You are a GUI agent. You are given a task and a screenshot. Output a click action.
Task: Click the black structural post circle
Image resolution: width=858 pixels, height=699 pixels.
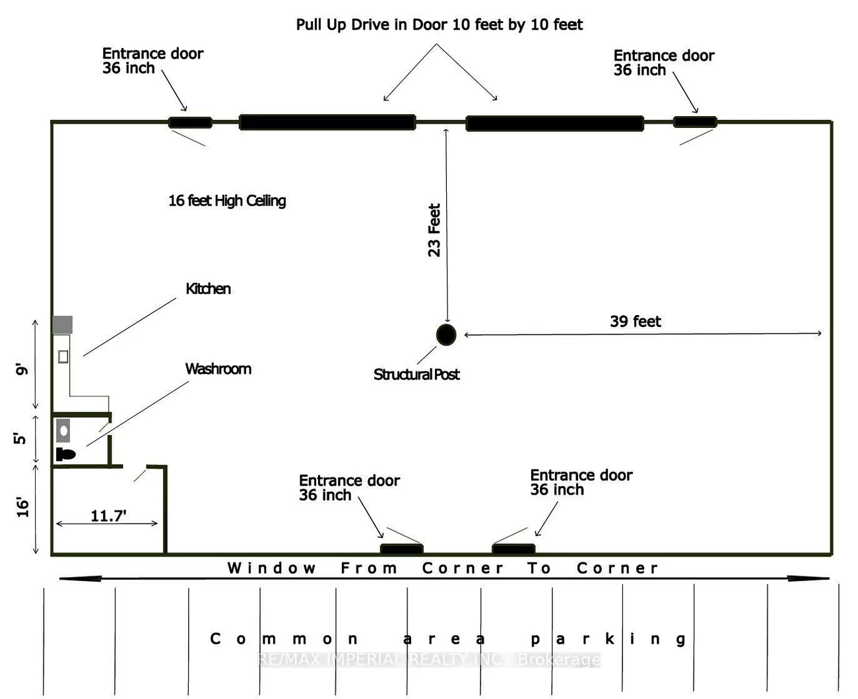click(446, 334)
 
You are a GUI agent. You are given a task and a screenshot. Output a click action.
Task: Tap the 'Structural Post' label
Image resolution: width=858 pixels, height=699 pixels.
click(416, 375)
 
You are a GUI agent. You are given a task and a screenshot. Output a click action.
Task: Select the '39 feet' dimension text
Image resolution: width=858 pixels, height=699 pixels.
click(635, 321)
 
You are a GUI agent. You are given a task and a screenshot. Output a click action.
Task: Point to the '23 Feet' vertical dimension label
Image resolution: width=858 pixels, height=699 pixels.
click(434, 230)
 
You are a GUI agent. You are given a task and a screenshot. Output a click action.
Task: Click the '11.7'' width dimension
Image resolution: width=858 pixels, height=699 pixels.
click(108, 516)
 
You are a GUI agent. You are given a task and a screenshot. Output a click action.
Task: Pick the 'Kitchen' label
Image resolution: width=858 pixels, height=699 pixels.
click(208, 289)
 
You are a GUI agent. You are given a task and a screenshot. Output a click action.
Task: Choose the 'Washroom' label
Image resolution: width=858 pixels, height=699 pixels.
click(218, 369)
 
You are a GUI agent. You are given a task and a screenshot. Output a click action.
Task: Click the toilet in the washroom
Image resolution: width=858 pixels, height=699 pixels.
click(65, 454)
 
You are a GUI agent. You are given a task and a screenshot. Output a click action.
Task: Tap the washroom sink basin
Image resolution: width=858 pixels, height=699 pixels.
click(63, 431)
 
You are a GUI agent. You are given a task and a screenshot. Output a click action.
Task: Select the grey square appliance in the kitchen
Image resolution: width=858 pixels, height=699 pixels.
click(63, 324)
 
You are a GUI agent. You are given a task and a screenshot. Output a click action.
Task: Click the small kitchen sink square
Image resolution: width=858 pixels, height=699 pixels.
click(63, 356)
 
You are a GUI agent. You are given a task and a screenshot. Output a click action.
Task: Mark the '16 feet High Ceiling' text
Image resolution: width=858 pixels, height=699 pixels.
click(227, 200)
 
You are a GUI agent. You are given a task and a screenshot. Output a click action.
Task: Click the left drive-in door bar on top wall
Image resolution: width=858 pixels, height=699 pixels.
click(327, 123)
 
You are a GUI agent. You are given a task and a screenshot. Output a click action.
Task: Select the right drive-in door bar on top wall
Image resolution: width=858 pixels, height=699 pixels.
click(555, 123)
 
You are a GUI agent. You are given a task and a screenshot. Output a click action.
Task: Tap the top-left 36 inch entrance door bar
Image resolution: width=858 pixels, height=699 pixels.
click(190, 123)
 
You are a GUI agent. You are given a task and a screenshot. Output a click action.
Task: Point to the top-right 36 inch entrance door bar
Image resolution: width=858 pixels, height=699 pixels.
click(695, 122)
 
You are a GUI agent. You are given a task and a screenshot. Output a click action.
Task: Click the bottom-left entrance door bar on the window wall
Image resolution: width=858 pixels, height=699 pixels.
click(402, 549)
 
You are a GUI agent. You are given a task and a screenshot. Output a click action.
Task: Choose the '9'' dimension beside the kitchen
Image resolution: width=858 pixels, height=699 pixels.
click(22, 369)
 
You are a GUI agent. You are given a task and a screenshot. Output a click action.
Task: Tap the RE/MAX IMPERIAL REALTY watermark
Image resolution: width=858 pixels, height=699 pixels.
click(429, 659)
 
